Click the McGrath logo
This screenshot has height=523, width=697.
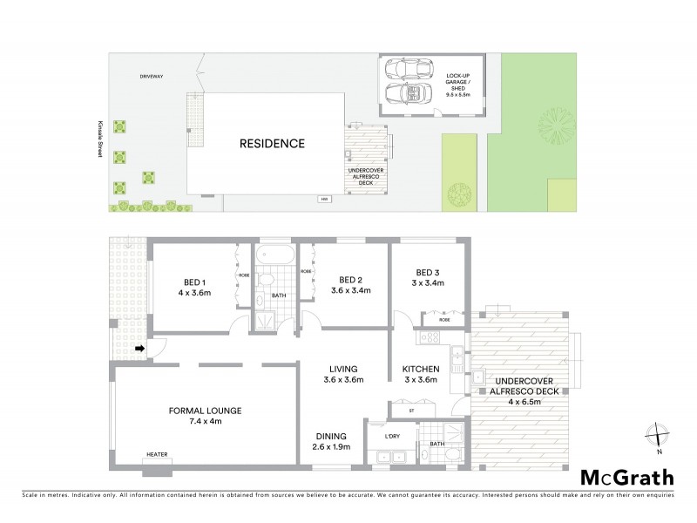point(627,477)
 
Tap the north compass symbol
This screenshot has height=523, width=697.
point(660,435)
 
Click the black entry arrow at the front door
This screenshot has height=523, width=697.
point(139,350)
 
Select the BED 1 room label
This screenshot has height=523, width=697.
point(194,282)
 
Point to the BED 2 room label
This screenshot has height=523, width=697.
point(350,280)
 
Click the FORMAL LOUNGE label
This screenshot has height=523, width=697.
point(205,410)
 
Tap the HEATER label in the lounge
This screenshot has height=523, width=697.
point(157,454)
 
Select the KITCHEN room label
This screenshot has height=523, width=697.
point(420,369)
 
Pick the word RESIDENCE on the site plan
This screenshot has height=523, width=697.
point(272,144)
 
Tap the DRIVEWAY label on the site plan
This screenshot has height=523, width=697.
point(152,77)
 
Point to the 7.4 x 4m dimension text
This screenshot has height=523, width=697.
point(205,421)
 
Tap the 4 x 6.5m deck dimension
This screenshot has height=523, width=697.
point(523,402)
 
